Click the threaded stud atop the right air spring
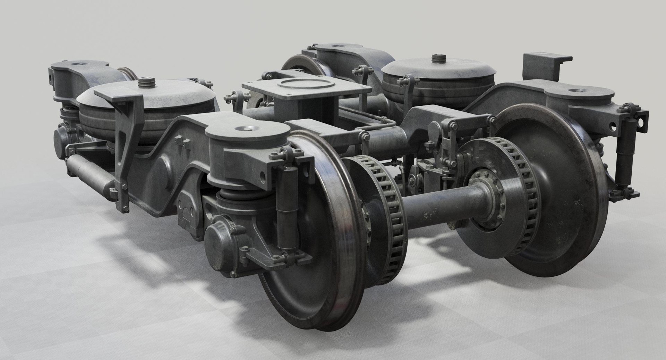(438, 60)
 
